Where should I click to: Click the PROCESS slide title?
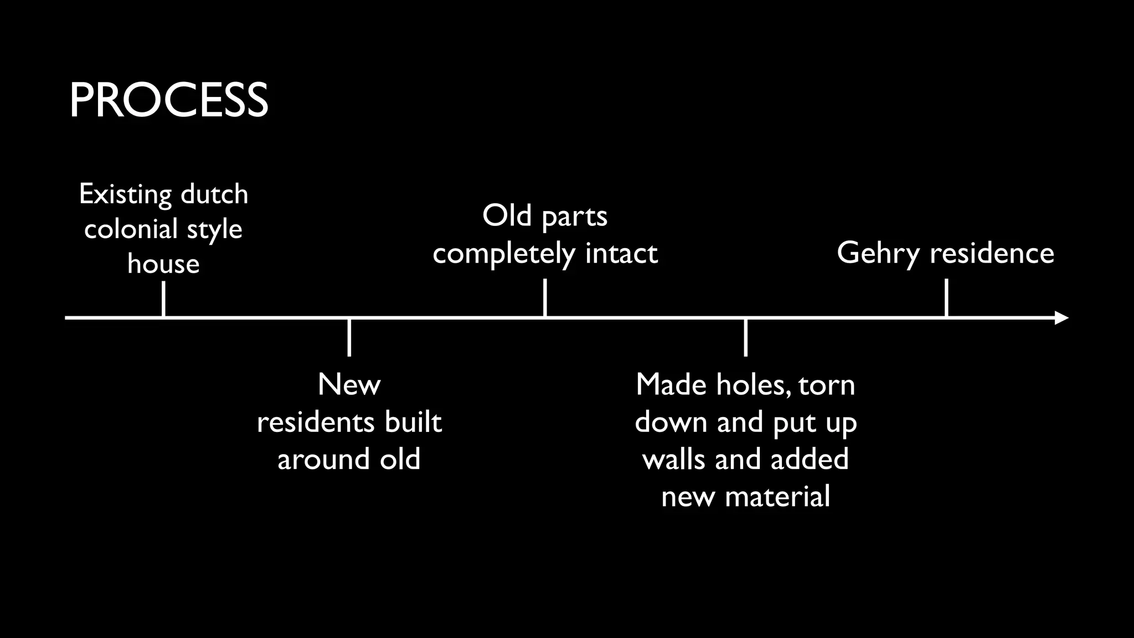point(168,100)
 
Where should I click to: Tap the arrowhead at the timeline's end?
point(1061,318)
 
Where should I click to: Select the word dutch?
point(214,194)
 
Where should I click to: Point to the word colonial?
point(131,229)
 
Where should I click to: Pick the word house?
point(163,264)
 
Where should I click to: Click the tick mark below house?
point(163,299)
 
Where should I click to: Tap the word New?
point(349,384)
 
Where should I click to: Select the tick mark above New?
point(349,337)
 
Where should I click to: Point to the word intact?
point(621,254)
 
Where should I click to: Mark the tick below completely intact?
point(545,297)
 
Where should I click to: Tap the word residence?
point(992,253)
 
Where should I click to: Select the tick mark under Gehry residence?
point(946,297)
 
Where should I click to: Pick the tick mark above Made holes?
point(746,337)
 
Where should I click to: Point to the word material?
point(777,496)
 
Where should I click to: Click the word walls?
point(674,459)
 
